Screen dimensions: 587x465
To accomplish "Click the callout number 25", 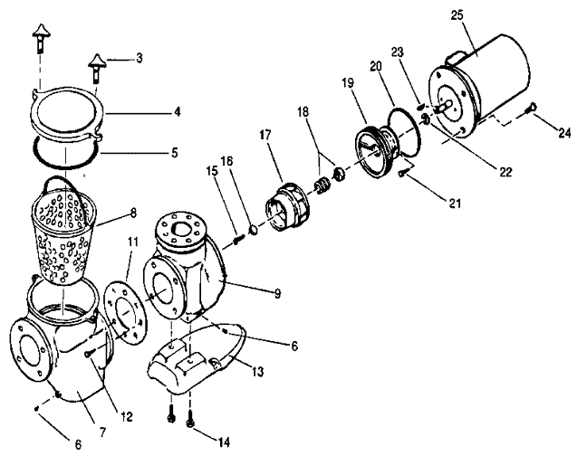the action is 457,15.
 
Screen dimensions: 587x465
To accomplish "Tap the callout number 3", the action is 140,58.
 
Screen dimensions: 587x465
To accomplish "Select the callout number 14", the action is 223,442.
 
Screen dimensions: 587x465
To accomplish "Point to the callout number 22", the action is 505,172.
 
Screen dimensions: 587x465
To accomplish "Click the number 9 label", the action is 277,294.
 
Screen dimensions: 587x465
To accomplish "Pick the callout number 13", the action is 257,372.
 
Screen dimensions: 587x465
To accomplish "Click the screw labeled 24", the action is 532,108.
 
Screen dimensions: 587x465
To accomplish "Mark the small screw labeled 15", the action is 238,239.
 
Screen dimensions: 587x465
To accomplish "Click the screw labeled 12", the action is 89,353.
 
